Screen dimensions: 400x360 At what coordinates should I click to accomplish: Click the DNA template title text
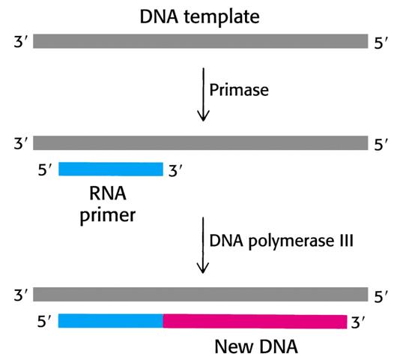(x=200, y=16)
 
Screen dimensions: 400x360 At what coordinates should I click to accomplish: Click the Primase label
(x=239, y=90)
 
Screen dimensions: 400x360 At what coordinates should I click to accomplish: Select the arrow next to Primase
(x=203, y=94)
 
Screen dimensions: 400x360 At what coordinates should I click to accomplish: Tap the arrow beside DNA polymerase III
(x=203, y=245)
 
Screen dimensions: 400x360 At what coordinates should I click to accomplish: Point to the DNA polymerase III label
(x=282, y=241)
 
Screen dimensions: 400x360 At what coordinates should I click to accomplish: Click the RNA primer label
(x=108, y=205)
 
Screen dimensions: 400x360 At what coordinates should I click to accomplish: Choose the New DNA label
(x=256, y=346)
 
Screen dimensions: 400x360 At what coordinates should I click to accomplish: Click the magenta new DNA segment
(x=255, y=322)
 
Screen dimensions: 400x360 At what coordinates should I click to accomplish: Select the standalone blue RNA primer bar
(x=111, y=169)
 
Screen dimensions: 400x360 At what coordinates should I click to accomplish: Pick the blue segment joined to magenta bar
(x=111, y=321)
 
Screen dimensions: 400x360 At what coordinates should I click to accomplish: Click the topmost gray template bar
(x=201, y=41)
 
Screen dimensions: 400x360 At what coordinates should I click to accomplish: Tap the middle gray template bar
(x=201, y=142)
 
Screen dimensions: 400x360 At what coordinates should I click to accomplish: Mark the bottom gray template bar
(x=201, y=294)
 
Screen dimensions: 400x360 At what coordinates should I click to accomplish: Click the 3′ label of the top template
(x=20, y=42)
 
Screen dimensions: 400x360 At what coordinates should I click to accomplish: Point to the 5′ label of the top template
(x=381, y=43)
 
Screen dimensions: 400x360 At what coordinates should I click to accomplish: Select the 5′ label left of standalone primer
(x=45, y=169)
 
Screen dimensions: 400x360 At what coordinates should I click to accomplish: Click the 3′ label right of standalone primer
(x=175, y=170)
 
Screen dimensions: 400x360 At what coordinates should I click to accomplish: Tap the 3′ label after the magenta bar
(x=358, y=322)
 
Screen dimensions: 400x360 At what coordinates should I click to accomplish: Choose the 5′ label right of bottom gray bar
(x=381, y=297)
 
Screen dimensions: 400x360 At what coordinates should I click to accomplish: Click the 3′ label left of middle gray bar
(x=20, y=143)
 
